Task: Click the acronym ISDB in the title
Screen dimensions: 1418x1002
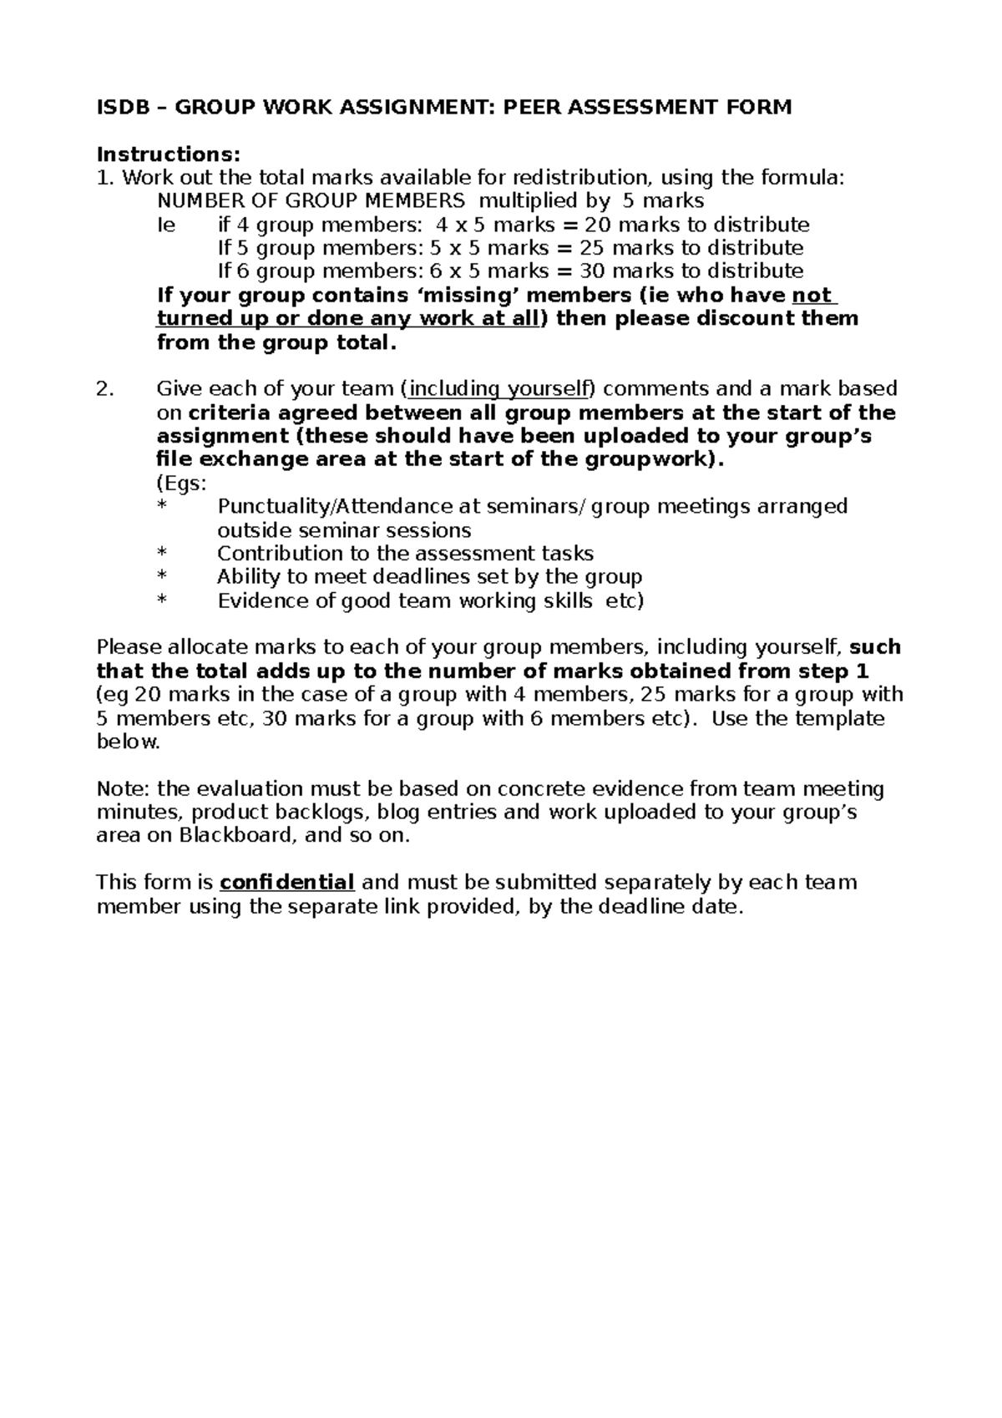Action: tap(121, 107)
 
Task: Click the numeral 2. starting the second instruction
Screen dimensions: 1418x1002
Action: tap(104, 389)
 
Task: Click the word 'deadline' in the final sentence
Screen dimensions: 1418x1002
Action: tap(640, 907)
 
